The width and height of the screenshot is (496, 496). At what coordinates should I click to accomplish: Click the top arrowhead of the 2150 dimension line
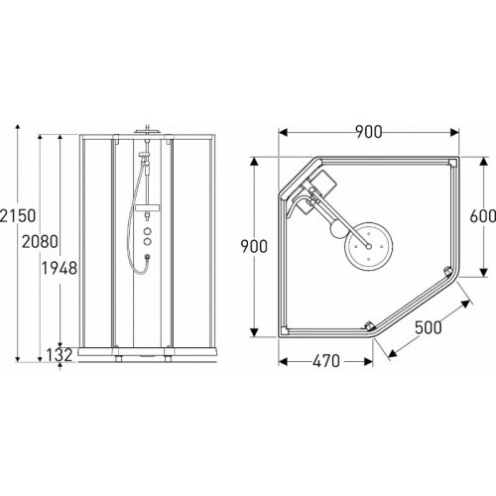point(19,132)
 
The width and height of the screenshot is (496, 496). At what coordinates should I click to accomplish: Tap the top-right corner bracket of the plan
point(451,164)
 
